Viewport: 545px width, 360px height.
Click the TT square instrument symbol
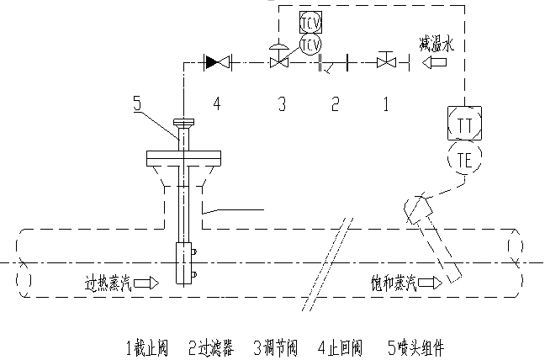(x=464, y=123)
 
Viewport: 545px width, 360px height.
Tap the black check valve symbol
(x=217, y=61)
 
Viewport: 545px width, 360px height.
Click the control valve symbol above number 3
(x=280, y=61)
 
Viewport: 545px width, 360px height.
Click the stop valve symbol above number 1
(x=386, y=61)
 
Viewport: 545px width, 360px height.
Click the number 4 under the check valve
(x=216, y=104)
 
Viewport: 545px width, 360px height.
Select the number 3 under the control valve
(x=282, y=104)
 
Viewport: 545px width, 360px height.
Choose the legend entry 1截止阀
(x=146, y=347)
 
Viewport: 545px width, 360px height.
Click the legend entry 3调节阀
(x=275, y=347)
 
